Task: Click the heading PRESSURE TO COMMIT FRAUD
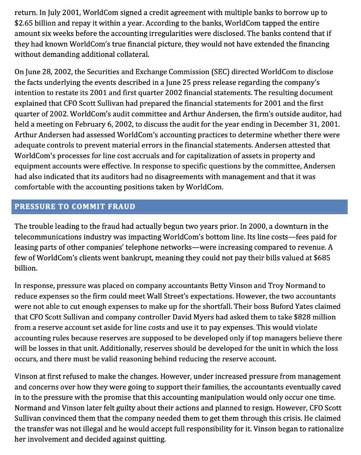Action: (x=75, y=207)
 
